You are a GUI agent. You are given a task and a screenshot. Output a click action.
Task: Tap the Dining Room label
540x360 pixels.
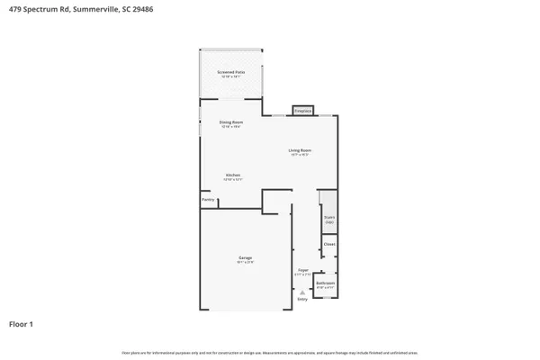[x=231, y=121]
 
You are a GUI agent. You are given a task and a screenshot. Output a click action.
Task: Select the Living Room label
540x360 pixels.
[x=300, y=149]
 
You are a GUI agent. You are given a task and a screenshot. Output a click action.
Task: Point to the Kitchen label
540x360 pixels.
[x=232, y=175]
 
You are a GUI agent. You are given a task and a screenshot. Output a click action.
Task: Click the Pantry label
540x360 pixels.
[x=208, y=200]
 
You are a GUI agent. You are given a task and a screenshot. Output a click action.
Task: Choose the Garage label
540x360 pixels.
[x=246, y=257]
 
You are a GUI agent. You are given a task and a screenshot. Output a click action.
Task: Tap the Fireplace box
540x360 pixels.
[x=302, y=112]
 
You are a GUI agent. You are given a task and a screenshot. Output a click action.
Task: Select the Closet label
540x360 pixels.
[x=329, y=244]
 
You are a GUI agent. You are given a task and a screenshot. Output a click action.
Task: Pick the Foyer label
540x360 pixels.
[x=303, y=269]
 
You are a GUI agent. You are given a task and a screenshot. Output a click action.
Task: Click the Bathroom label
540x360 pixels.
[x=325, y=283]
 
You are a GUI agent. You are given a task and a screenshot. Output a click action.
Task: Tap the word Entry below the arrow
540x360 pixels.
[x=302, y=299]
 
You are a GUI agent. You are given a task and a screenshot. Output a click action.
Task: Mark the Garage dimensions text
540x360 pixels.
[x=246, y=262]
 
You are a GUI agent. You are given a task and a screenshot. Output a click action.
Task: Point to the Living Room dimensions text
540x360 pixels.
[x=300, y=154]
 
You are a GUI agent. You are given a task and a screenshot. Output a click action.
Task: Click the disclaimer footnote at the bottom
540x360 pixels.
[x=270, y=352]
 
